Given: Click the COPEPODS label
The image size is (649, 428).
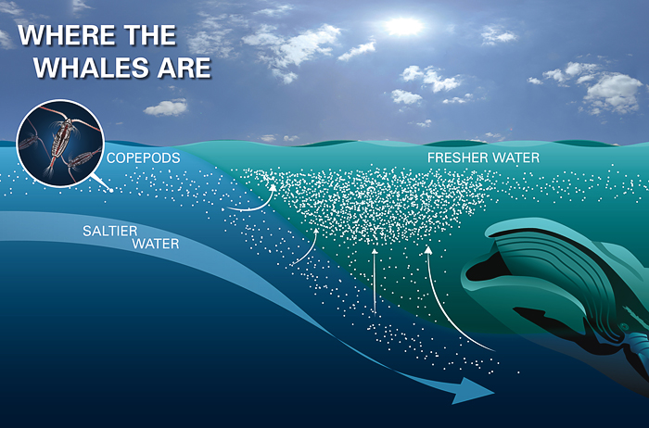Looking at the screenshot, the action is (x=143, y=158).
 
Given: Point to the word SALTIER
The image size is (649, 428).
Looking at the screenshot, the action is (x=110, y=231).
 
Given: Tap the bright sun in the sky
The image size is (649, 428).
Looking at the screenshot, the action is (x=403, y=26).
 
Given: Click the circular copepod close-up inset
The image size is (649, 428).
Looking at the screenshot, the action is (x=60, y=144).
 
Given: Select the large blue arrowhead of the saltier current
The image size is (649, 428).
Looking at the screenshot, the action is (x=473, y=391).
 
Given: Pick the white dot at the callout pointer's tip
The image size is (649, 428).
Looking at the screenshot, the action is (x=111, y=190).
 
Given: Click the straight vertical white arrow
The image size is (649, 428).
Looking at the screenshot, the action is (x=375, y=282).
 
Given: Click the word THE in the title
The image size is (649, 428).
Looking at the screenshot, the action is (x=151, y=35).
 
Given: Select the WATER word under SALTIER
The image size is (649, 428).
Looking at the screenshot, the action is (x=156, y=244).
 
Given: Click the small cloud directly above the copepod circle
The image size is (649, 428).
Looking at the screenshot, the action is (x=166, y=107).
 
